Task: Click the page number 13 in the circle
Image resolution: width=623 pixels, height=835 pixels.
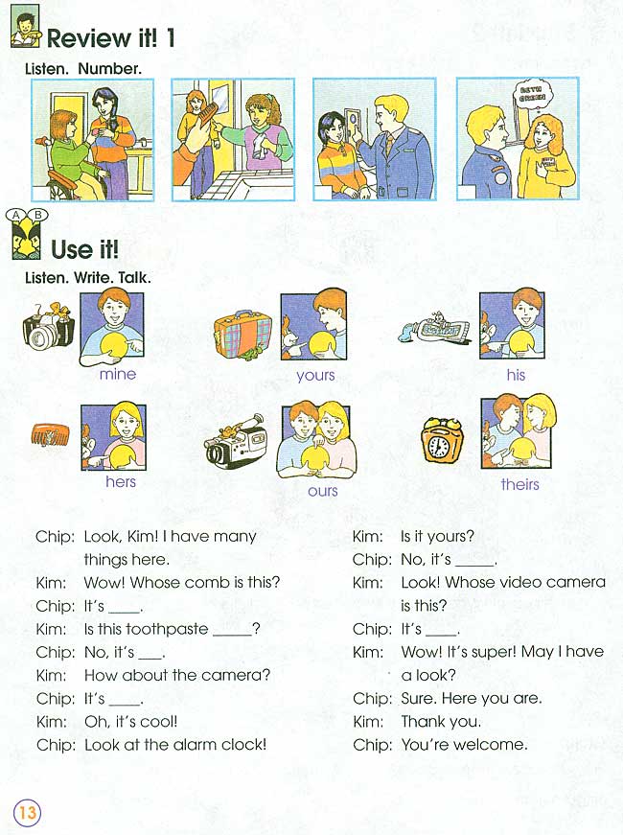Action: click(x=27, y=812)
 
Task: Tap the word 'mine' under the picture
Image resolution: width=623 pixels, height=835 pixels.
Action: click(x=118, y=374)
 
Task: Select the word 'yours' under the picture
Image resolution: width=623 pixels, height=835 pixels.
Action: click(x=315, y=375)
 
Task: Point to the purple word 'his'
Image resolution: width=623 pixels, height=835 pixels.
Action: click(x=516, y=375)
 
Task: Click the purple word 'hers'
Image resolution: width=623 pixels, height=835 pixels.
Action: click(x=121, y=481)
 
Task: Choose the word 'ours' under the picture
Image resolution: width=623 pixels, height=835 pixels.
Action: click(x=323, y=490)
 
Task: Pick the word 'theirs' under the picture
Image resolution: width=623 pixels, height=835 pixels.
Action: click(x=519, y=484)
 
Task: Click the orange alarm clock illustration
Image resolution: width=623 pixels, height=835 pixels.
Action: click(x=443, y=443)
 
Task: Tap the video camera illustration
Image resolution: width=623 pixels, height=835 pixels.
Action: click(x=237, y=442)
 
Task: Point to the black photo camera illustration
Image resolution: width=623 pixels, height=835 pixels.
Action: click(x=48, y=327)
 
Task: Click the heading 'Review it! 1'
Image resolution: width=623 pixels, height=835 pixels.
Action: click(x=111, y=38)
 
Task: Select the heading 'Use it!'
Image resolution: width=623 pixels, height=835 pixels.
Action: click(x=84, y=249)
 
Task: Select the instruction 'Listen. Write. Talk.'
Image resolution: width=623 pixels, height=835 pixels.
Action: click(x=88, y=277)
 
